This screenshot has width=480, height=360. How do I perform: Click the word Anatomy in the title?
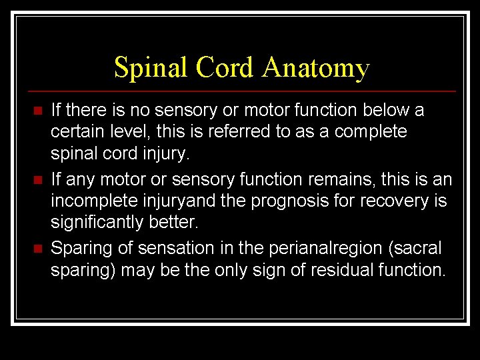pos(315,68)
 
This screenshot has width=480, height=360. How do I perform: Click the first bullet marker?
pos(38,110)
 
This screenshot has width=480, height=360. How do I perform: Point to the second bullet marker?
pos(38,180)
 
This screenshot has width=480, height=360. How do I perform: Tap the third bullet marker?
pos(38,249)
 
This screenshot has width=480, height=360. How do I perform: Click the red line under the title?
pos(240,91)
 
